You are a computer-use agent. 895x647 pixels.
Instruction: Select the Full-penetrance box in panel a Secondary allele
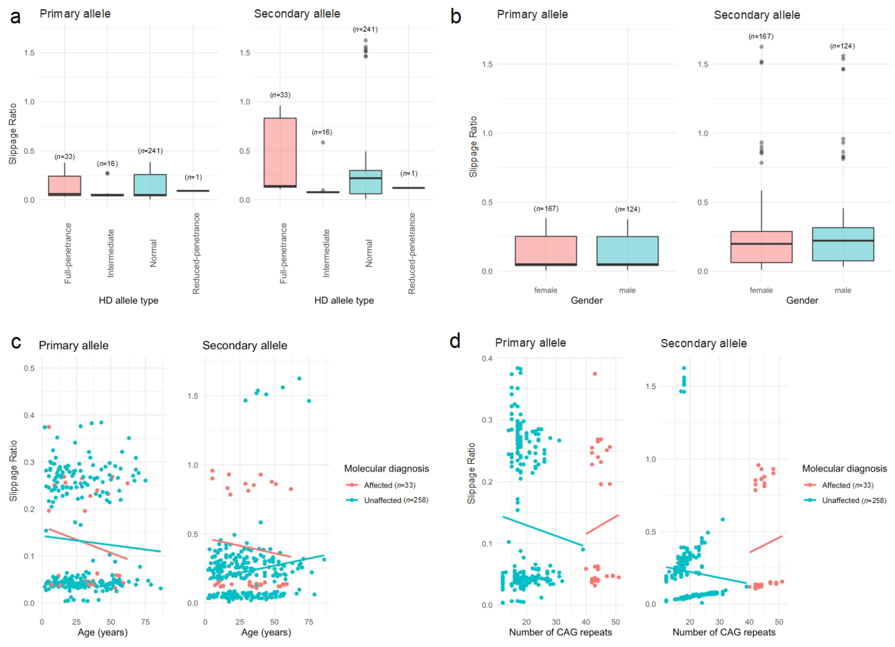pos(280,152)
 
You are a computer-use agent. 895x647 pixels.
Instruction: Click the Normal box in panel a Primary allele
pos(150,185)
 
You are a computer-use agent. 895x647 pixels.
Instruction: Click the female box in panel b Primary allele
pos(546,251)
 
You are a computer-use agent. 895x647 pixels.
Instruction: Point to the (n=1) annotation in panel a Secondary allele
pos(409,173)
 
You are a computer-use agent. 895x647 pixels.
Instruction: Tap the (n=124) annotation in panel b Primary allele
pos(628,209)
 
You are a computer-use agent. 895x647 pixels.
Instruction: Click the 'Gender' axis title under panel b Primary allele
pos(586,300)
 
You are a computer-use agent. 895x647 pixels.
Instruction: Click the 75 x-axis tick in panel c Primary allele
pos(145,622)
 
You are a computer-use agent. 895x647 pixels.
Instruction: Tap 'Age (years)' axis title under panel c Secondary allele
pos(266,632)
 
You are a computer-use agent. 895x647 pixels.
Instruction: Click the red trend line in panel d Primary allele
pos(602,524)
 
